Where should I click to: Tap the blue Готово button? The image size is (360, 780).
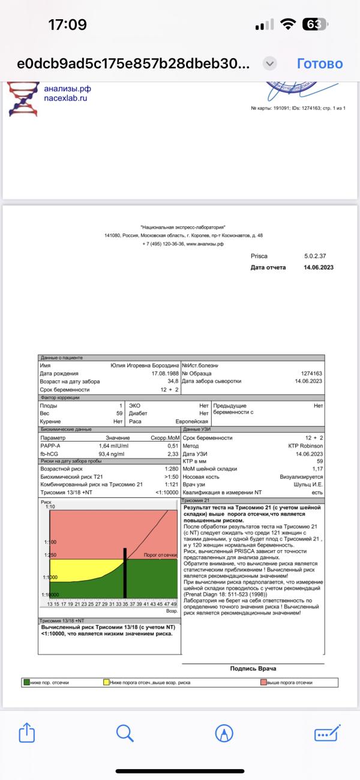point(320,64)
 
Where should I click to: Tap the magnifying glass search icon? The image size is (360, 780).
point(124,733)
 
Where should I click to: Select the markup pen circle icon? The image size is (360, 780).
point(224,733)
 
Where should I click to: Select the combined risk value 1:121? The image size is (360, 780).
point(172,484)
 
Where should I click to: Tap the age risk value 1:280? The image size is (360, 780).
point(172,469)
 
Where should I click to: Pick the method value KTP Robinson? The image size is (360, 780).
point(306,446)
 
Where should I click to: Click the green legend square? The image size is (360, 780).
point(27,682)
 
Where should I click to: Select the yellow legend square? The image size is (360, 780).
point(106,682)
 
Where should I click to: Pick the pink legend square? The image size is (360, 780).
point(263,682)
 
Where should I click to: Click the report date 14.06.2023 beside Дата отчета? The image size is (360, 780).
point(319,267)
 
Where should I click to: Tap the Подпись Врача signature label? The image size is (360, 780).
point(253,668)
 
